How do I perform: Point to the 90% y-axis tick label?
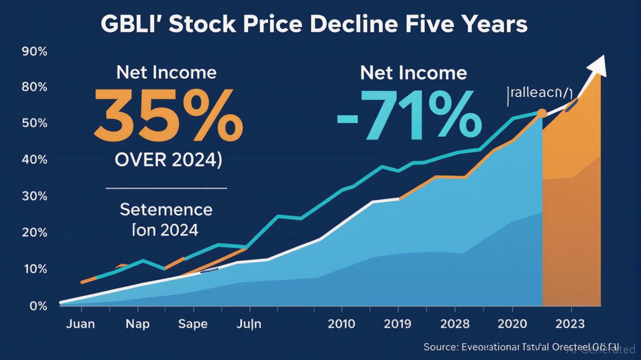[35, 52]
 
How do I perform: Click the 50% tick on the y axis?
[35, 124]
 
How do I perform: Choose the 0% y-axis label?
[38, 306]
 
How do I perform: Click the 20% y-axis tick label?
[35, 233]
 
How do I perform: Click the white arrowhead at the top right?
[598, 65]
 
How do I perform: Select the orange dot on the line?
[541, 113]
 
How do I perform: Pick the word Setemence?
[166, 210]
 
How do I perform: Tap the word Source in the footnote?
[440, 347]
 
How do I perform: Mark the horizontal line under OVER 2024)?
[166, 188]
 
